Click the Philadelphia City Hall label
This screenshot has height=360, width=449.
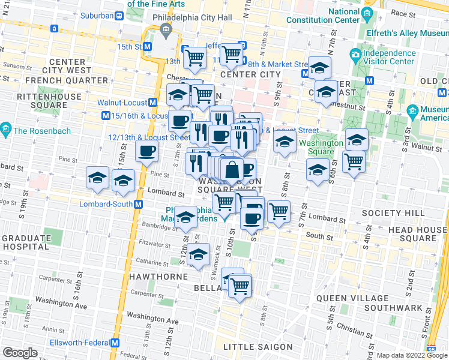192,17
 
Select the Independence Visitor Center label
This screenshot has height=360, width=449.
389,57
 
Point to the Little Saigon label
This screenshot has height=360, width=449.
258,347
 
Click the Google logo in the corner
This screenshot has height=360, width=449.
20,353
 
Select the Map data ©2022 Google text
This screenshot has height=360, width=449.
411,355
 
